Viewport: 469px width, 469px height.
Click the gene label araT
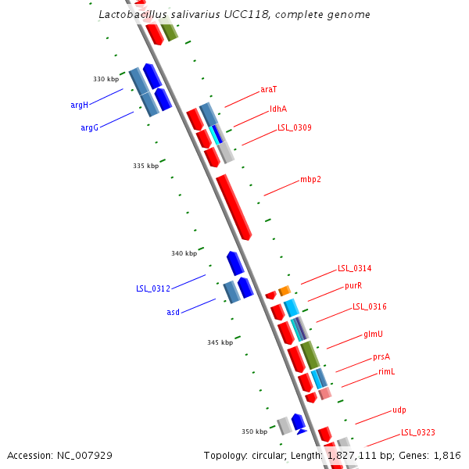coord(268,90)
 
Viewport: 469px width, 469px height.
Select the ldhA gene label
coord(278,109)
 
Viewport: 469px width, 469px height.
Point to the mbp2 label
coord(310,179)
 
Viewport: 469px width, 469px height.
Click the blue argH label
coord(79,105)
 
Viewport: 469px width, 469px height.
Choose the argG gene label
coord(89,127)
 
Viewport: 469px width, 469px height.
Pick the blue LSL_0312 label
coord(152,288)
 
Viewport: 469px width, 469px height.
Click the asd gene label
coord(173,312)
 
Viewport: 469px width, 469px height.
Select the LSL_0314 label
coord(354,268)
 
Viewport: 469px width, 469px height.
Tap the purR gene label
coord(353,286)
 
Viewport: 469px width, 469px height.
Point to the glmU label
coord(373,334)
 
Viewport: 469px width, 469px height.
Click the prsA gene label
coord(381,356)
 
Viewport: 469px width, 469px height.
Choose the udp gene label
coord(399,410)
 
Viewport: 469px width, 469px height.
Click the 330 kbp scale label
coord(106,79)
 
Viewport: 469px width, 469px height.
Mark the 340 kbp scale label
coord(184,253)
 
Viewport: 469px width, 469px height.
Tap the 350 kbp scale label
coord(254,431)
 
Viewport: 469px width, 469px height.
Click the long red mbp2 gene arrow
coord(233,206)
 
